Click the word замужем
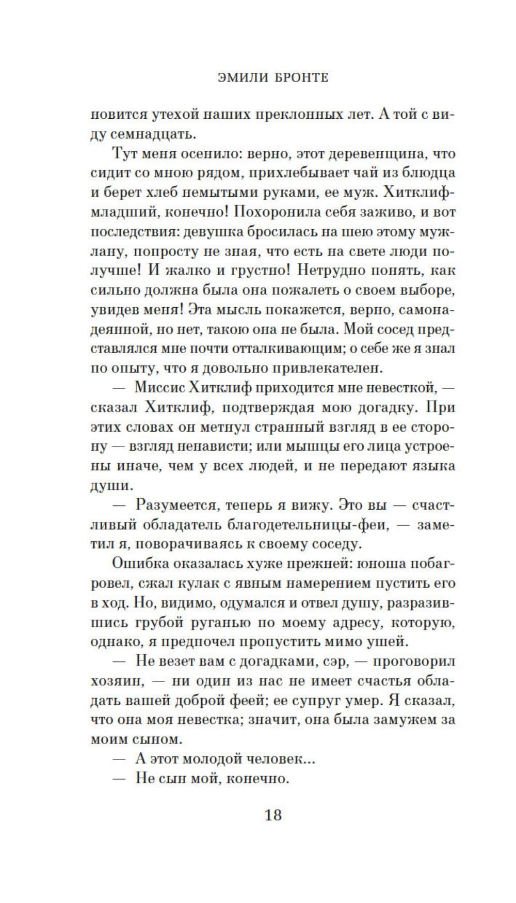[406, 720]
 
